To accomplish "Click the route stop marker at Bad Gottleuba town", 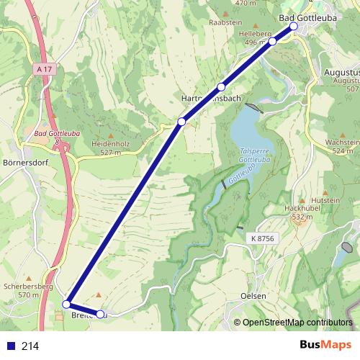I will pyautogui.click(x=293, y=27).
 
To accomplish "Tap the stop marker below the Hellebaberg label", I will pyautogui.click(x=273, y=42).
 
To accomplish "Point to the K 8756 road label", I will pyautogui.click(x=264, y=238).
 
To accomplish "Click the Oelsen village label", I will pyautogui.click(x=253, y=297).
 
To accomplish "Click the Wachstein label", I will pyautogui.click(x=341, y=143).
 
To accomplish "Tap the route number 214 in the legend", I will pyautogui.click(x=30, y=346).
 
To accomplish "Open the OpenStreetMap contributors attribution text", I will pyautogui.click(x=297, y=322).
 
